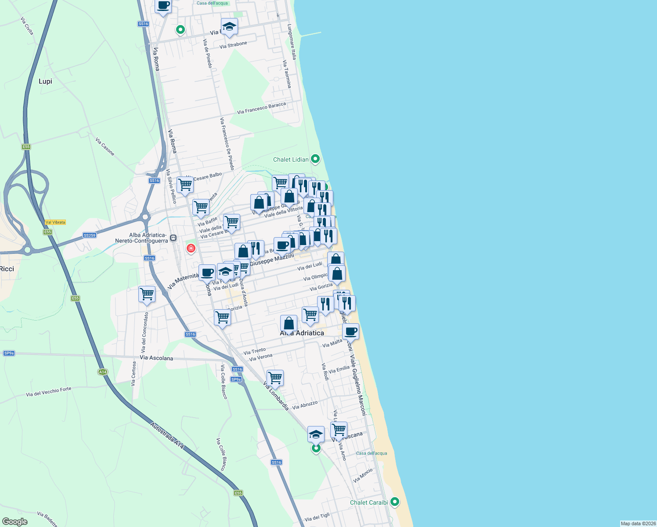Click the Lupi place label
click(45, 81)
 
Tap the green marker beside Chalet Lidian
click(315, 159)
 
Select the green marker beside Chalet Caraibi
click(394, 502)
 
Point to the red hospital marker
click(191, 249)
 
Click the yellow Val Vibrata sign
click(55, 222)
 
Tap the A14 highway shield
click(102, 372)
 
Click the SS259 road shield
click(89, 235)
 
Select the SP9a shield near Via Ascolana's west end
click(9, 353)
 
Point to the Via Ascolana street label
click(156, 358)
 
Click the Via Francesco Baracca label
click(261, 108)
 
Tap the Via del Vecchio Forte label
click(48, 391)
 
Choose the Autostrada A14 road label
click(167, 436)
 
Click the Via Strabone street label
click(233, 45)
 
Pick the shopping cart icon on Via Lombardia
click(275, 377)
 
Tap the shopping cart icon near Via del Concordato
click(147, 294)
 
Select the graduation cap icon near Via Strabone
click(229, 27)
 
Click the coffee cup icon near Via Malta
click(350, 331)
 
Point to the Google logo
click(14, 522)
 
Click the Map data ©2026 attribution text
click(638, 523)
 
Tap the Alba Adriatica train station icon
click(173, 238)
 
